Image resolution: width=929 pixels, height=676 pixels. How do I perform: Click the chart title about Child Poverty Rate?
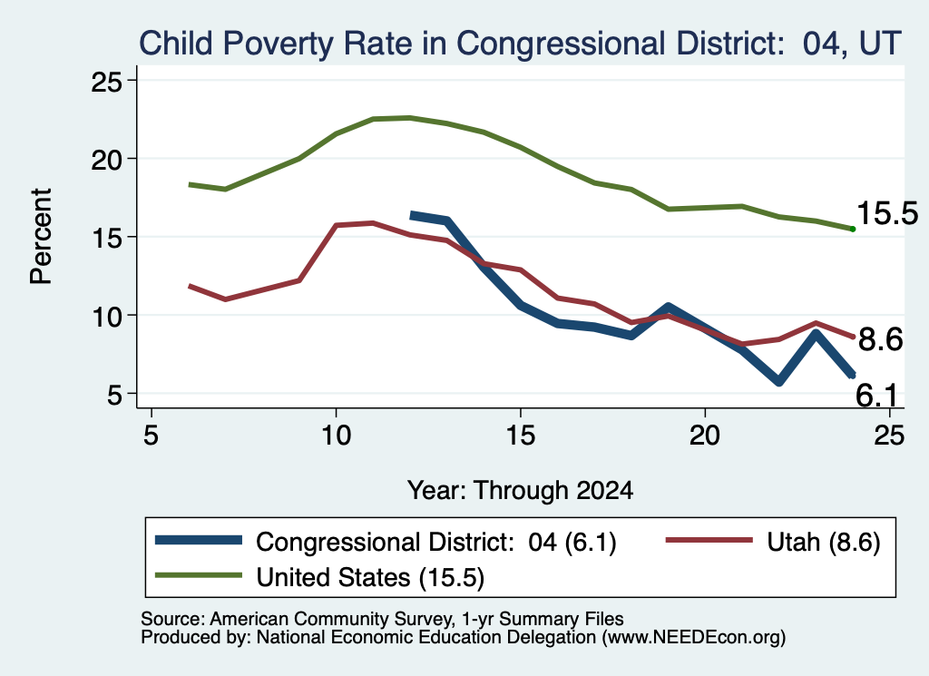tap(520, 44)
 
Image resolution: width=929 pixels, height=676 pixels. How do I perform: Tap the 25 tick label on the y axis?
tap(107, 81)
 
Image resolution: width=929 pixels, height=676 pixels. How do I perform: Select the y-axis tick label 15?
tap(107, 238)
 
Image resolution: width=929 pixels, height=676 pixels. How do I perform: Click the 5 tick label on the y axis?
tap(115, 394)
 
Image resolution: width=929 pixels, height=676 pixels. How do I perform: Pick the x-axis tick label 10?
tap(336, 436)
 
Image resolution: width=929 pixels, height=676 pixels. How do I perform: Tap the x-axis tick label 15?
tap(520, 436)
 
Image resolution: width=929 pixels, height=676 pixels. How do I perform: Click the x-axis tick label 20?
tap(704, 436)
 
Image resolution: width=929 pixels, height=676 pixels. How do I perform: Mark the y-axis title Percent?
tap(41, 237)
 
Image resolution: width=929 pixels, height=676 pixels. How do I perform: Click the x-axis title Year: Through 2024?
tap(520, 491)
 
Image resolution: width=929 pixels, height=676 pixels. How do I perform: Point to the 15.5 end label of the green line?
tap(887, 212)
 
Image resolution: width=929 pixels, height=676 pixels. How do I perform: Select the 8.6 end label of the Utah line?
tap(880, 339)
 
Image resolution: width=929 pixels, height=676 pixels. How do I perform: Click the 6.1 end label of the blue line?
tap(876, 396)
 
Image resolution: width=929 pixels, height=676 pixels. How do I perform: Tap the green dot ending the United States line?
tap(853, 229)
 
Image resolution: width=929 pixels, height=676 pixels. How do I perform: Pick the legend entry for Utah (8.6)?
tap(774, 542)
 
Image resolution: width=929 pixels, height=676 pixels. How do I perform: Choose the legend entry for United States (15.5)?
tap(320, 576)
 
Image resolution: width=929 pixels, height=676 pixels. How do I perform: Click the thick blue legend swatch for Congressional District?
tap(199, 540)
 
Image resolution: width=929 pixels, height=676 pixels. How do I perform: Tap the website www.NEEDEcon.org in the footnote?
tap(691, 637)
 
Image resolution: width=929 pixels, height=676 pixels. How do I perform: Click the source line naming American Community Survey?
tap(382, 619)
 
